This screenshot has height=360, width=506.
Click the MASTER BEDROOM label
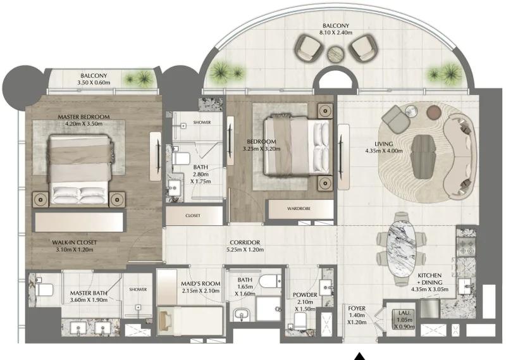(83, 117)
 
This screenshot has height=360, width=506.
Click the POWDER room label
(305, 295)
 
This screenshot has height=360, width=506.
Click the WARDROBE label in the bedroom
(300, 207)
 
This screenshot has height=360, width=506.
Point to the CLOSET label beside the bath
(193, 216)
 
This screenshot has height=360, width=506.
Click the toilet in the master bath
(44, 290)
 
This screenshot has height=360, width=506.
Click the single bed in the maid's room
(190, 316)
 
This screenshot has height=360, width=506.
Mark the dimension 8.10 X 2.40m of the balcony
(335, 33)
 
